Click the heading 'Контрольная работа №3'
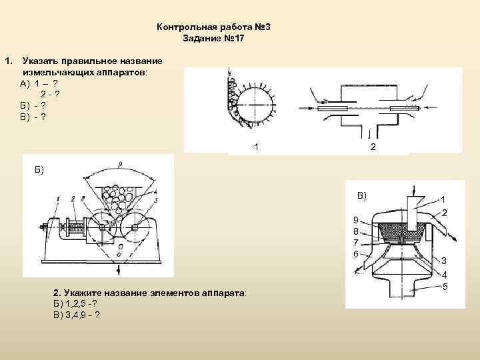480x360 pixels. pos(214,27)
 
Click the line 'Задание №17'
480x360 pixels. pos(214,39)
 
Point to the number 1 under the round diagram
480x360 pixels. pos(256,147)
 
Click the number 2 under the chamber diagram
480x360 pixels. pos(373,147)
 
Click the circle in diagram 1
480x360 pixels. pos(255,105)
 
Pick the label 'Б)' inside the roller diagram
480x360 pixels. pos(39,170)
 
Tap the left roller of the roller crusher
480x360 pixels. pos(102,227)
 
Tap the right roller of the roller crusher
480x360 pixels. pos(135,227)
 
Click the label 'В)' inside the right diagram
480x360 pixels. pos(362,196)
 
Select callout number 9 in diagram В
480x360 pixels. pos(355,220)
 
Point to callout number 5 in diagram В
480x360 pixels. pos(445,287)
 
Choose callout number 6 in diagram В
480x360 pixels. pos(355,254)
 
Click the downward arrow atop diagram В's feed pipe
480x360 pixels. pos(414,191)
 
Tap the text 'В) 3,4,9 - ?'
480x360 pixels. pos(77,315)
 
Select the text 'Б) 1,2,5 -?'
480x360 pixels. pos(75,304)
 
